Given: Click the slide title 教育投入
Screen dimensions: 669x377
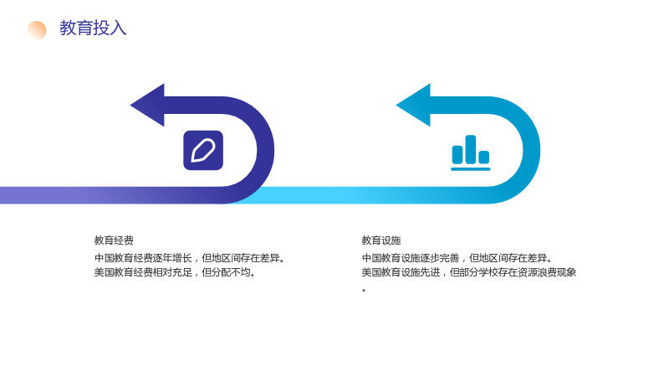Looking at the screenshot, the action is [x=93, y=28].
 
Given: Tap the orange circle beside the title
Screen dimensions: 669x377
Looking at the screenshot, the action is [x=37, y=30].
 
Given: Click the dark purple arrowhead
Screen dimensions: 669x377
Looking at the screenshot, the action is [x=148, y=106].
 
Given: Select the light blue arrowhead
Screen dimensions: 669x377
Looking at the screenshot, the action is [x=414, y=106].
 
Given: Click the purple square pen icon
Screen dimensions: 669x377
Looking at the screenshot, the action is [x=203, y=151].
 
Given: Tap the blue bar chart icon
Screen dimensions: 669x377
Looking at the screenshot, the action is [x=471, y=153].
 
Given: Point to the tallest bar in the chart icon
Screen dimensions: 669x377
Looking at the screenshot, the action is [x=471, y=149].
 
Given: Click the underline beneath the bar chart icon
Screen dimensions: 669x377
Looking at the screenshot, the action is [x=471, y=169].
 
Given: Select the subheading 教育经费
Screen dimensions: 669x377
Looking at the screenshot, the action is [x=114, y=240].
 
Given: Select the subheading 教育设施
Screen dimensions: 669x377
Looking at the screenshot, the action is [x=381, y=240].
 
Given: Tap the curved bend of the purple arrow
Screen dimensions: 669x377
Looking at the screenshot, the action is [x=265, y=151].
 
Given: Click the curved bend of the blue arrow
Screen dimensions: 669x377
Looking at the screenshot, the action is [x=532, y=151].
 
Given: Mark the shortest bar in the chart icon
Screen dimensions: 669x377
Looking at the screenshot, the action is [x=484, y=158].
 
